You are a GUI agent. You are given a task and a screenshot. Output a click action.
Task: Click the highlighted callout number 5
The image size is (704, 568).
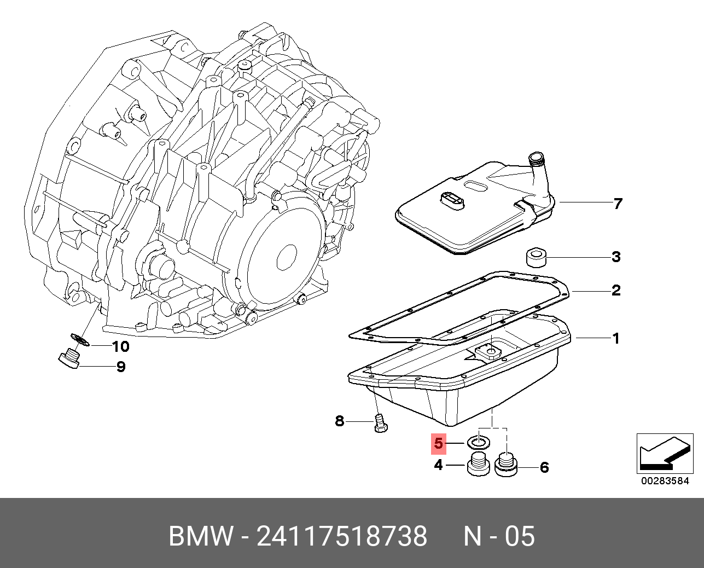point(438,443)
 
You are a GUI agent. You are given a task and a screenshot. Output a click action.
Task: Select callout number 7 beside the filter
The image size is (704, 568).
point(618,204)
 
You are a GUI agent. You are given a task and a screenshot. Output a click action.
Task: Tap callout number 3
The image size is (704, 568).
point(616,257)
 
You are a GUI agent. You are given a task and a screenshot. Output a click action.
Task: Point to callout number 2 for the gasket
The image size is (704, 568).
point(616,290)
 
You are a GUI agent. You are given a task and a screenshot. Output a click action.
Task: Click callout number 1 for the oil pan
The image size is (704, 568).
point(616,338)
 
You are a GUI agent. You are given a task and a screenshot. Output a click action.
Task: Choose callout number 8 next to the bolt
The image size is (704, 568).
point(339,421)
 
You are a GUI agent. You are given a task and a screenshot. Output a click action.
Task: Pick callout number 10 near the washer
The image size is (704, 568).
point(120,346)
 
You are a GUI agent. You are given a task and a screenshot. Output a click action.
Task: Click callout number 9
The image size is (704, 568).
point(121,367)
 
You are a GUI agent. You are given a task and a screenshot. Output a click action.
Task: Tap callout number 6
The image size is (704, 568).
point(544,468)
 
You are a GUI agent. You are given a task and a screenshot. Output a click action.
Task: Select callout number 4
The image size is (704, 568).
point(438,465)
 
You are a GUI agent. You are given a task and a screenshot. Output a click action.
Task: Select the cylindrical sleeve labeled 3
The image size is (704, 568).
point(534,257)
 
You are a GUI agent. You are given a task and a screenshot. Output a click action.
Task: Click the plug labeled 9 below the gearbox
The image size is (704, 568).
point(69,360)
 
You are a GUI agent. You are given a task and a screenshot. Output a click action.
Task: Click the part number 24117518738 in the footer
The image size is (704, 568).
point(342,536)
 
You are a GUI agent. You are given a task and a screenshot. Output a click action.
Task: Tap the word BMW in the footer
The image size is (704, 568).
point(201,536)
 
